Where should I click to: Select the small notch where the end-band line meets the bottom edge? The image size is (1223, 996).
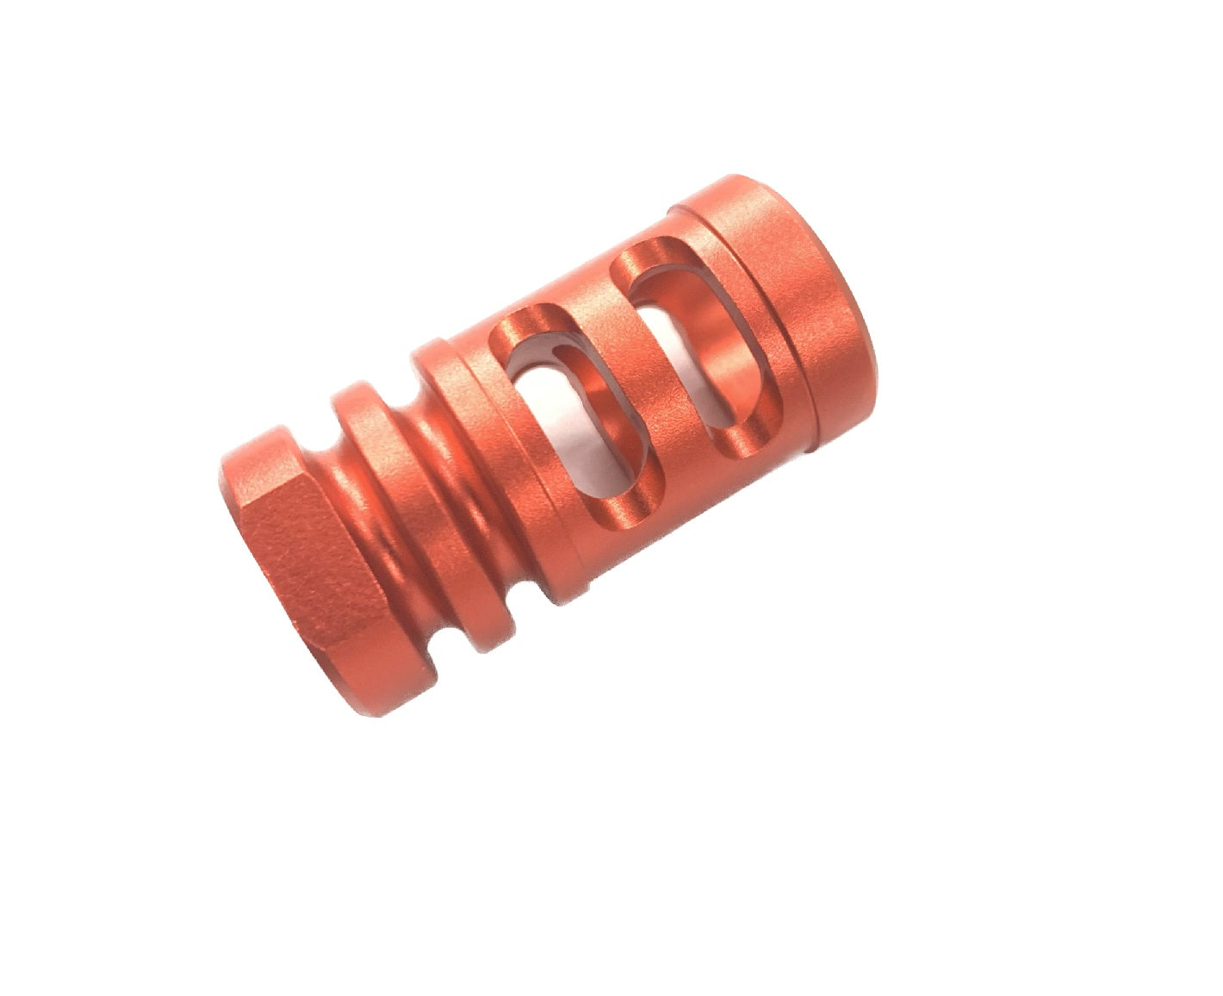click(810, 448)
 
